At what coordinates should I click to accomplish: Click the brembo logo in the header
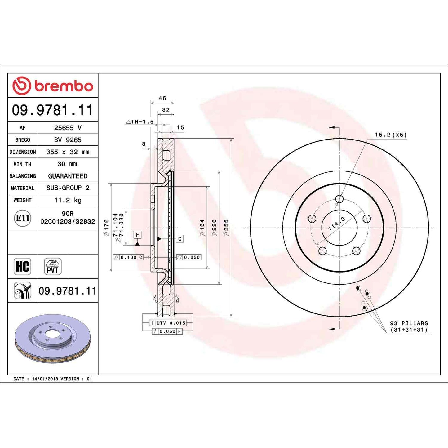(53, 86)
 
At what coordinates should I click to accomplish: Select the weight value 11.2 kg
(68, 200)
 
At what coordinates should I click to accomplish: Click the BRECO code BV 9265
(68, 140)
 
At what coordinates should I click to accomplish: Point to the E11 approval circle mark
(23, 218)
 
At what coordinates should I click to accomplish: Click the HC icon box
(22, 266)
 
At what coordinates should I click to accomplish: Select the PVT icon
(53, 267)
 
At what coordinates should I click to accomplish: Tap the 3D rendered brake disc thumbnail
(52, 339)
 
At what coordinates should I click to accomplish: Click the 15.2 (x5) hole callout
(390, 135)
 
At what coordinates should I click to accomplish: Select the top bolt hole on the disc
(339, 199)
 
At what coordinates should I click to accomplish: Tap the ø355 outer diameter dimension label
(226, 228)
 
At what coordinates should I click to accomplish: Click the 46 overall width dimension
(162, 98)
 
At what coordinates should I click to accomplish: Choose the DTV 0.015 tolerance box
(168, 323)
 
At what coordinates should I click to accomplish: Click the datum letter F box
(137, 235)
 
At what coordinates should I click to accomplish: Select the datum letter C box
(180, 239)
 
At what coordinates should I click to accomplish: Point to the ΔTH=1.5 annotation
(140, 122)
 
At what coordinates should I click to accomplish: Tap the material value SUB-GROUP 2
(68, 188)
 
